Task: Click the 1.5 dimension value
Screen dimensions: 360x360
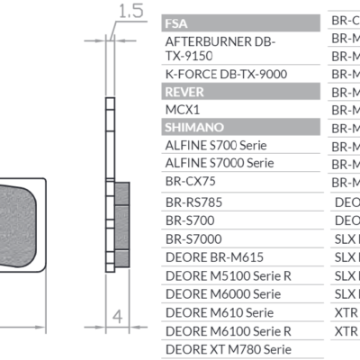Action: pyautogui.click(x=131, y=12)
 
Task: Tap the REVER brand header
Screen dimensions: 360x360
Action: pyautogui.click(x=184, y=91)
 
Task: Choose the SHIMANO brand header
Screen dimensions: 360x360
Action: pyautogui.click(x=193, y=127)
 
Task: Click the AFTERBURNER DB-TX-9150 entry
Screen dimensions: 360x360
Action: pyautogui.click(x=220, y=49)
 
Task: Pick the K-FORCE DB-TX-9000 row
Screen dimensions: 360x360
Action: pyautogui.click(x=224, y=74)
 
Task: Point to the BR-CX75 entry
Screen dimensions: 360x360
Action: pyautogui.click(x=191, y=183)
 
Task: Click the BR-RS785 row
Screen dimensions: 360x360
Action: pyautogui.click(x=193, y=202)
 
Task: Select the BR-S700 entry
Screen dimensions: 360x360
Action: pyautogui.click(x=189, y=220)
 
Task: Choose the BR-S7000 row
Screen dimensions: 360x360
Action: pyautogui.click(x=193, y=238)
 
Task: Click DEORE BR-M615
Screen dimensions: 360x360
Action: pyautogui.click(x=208, y=256)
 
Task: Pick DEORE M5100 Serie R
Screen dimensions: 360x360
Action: pyautogui.click(x=223, y=275)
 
